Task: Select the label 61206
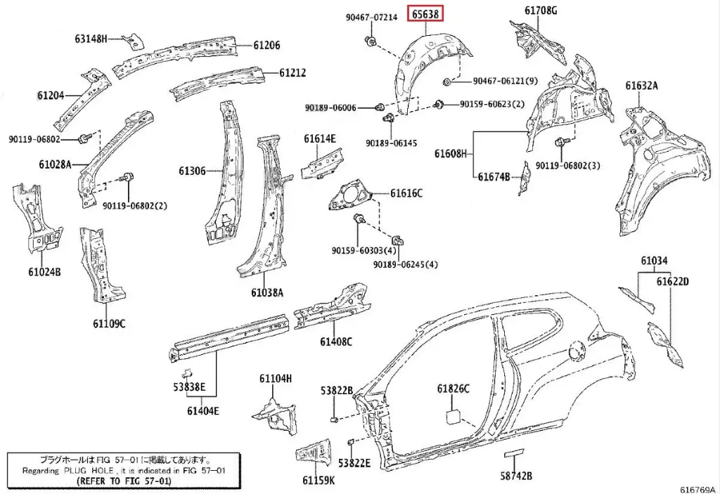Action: (266, 45)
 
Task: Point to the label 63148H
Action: (91, 39)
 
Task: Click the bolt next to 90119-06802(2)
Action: (128, 178)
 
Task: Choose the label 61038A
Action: (266, 292)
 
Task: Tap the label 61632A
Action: (641, 86)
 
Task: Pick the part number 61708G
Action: (540, 11)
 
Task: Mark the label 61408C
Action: (335, 342)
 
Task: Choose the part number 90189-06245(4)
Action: (405, 264)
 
